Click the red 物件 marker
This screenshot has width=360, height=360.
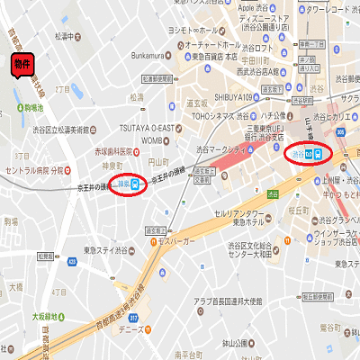click(x=21, y=66)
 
